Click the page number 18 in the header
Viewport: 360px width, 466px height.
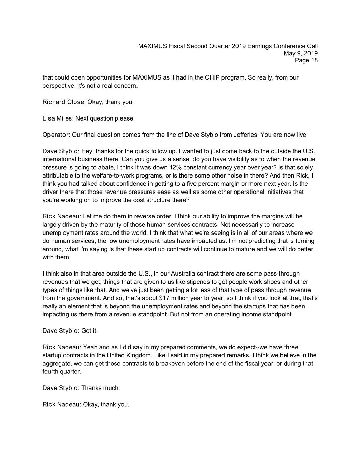tap(314, 61)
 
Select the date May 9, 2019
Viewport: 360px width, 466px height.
tap(301, 53)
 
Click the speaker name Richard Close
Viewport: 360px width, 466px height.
tap(63, 102)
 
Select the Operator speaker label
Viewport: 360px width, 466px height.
tap(56, 135)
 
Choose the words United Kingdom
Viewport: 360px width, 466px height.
tap(126, 355)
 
